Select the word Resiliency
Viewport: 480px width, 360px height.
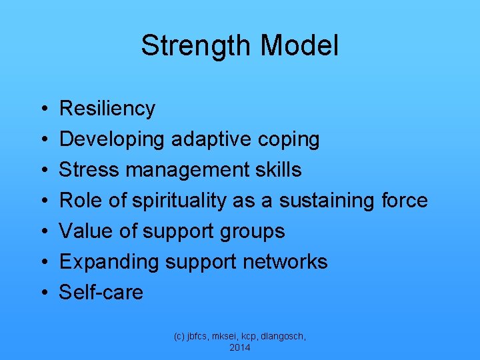click(107, 109)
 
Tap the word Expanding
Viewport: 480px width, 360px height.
click(109, 262)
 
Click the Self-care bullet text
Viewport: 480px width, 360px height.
click(101, 293)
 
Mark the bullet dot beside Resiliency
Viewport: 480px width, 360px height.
click(43, 109)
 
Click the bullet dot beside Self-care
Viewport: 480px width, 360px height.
click(43, 293)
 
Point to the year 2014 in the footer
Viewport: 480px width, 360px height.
click(240, 347)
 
